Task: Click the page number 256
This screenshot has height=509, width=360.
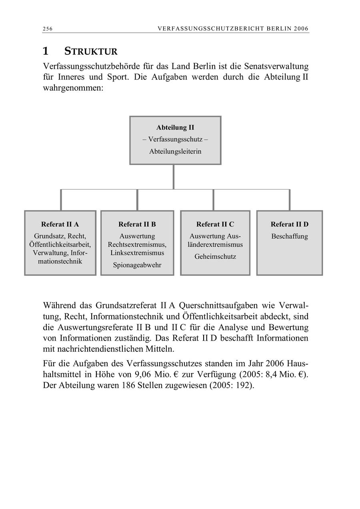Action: pyautogui.click(x=48, y=29)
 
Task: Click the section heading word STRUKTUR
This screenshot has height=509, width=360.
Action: pyautogui.click(x=91, y=52)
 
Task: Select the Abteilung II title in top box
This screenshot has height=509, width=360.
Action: pyautogui.click(x=175, y=128)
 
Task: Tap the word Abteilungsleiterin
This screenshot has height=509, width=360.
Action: pyautogui.click(x=175, y=152)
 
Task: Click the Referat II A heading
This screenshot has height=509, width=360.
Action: pyautogui.click(x=60, y=224)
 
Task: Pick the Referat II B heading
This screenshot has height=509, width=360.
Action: pyautogui.click(x=137, y=224)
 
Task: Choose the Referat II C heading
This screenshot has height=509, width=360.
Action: pyautogui.click(x=215, y=224)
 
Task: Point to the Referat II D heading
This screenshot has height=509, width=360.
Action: pyautogui.click(x=290, y=224)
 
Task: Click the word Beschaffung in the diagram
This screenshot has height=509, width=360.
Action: pyautogui.click(x=290, y=236)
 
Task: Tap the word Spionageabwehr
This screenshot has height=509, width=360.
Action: pyautogui.click(x=137, y=265)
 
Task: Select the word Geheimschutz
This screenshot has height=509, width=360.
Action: pyautogui.click(x=215, y=257)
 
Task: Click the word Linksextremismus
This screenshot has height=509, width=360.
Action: pyautogui.click(x=137, y=253)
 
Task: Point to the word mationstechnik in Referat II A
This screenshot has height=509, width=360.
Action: pyautogui.click(x=60, y=261)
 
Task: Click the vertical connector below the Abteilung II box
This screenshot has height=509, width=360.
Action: pyautogui.click(x=174, y=177)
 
